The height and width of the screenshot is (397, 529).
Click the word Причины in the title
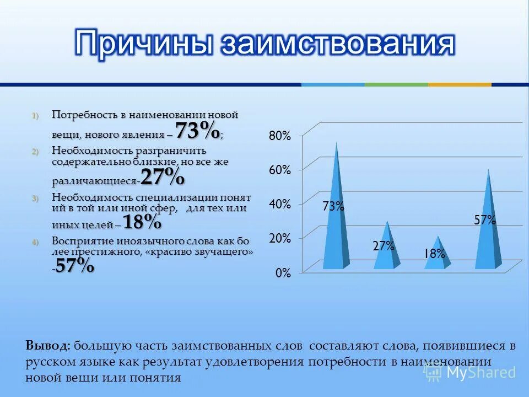tap(145, 44)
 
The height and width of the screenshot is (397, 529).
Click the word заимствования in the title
tap(337, 44)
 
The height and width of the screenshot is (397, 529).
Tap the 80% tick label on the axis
tap(279, 136)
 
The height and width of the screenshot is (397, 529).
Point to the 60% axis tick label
tap(279, 170)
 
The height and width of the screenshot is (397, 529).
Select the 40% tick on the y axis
tap(279, 204)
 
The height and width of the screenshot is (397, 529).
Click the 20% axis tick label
tap(279, 238)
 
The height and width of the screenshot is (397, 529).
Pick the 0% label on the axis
tap(283, 273)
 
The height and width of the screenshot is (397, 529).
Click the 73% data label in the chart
tap(333, 207)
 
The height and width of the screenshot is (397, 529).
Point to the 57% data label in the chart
tap(485, 220)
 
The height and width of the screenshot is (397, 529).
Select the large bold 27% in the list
tap(163, 177)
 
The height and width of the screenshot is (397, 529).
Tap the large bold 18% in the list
tap(142, 222)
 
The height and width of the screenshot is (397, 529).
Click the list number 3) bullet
tap(35, 198)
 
